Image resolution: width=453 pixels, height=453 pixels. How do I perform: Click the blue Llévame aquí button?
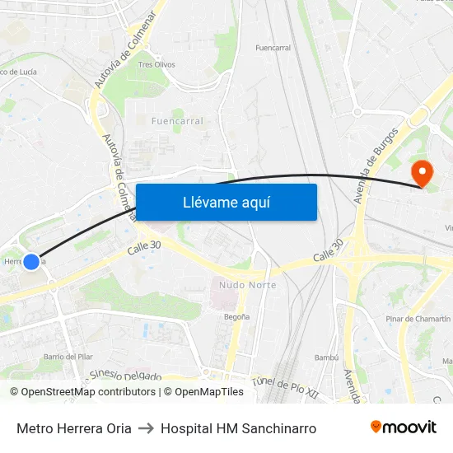point(226,202)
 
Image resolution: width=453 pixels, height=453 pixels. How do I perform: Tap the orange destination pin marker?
point(422,173)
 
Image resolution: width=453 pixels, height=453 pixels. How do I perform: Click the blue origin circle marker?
point(31,262)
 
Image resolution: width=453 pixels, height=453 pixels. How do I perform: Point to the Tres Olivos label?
point(156,64)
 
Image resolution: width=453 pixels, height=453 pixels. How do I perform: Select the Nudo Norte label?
point(247,285)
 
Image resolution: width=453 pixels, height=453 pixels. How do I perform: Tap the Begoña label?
point(236,315)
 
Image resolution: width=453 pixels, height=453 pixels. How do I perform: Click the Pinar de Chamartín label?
point(418,319)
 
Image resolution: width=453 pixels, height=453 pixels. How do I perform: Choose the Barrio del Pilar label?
point(68,357)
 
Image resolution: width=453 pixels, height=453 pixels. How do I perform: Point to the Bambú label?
point(327,357)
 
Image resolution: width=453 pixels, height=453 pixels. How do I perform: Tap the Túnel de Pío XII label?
point(285,383)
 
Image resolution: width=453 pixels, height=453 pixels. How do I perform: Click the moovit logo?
point(404,427)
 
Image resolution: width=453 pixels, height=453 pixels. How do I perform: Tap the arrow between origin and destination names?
point(146,428)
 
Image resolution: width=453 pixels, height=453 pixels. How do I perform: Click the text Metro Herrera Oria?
point(74,428)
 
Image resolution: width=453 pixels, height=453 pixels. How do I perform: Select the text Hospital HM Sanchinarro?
point(238,428)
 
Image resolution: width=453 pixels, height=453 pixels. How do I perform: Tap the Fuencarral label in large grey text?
point(177,121)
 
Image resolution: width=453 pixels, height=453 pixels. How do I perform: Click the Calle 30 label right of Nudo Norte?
point(328,252)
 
